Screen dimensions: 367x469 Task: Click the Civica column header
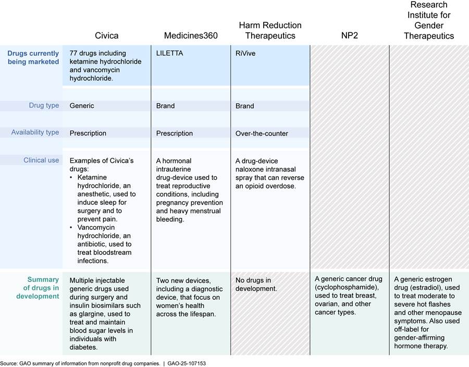[106, 35]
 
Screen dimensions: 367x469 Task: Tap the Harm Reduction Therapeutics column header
[270, 30]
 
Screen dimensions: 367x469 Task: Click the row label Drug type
[44, 105]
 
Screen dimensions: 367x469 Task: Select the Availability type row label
[35, 132]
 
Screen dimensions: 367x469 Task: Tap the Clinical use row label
[41, 160]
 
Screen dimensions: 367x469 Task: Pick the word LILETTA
[171, 53]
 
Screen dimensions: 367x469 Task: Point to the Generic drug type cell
[82, 106]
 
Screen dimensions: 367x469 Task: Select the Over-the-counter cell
[262, 133]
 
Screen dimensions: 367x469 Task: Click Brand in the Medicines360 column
[165, 106]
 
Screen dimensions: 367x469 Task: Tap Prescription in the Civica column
[88, 133]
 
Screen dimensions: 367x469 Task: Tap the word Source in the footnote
[9, 362]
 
